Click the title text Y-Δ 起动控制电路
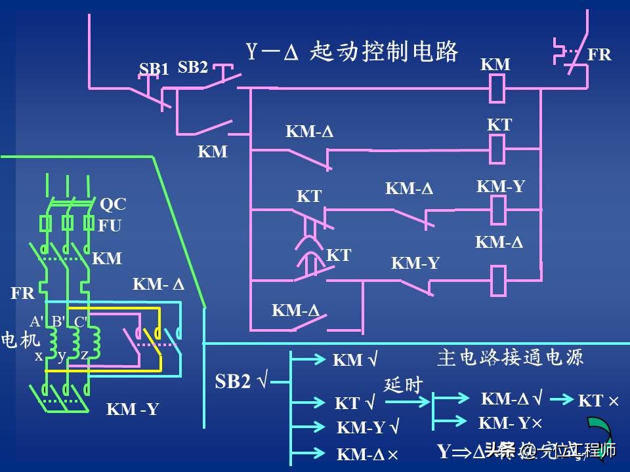click(x=352, y=52)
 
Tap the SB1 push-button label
click(x=154, y=69)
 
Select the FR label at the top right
click(x=598, y=55)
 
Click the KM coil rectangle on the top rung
click(x=498, y=88)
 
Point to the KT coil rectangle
click(x=498, y=149)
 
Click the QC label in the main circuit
click(x=112, y=205)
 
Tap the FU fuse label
click(x=110, y=226)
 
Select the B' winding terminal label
click(x=58, y=321)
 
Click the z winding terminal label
click(x=84, y=355)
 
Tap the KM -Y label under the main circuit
click(x=133, y=410)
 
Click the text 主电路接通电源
click(x=510, y=357)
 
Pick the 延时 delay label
click(x=403, y=385)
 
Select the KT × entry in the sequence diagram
click(x=598, y=401)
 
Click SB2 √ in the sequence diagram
click(x=241, y=382)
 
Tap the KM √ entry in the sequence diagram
click(x=355, y=360)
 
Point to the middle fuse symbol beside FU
click(x=67, y=224)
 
